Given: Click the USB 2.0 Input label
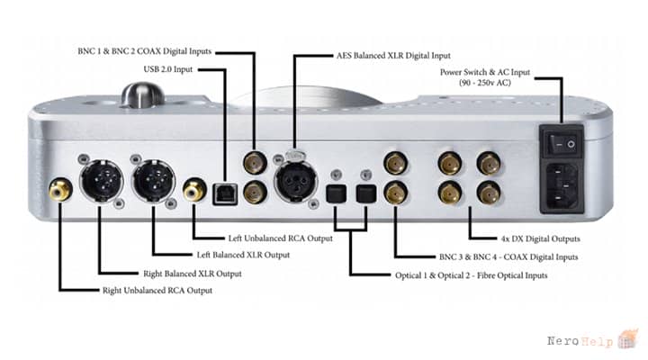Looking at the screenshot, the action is [x=167, y=69].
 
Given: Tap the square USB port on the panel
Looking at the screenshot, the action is [x=225, y=194].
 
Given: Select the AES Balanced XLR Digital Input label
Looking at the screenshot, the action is [x=393, y=56].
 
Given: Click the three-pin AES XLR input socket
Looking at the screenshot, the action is [x=296, y=181].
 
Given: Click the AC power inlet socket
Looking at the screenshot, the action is [x=562, y=187].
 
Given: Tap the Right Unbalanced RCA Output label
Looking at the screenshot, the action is [x=157, y=290].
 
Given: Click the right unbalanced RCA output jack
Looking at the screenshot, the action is [x=61, y=189].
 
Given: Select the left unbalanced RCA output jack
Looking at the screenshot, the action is [x=194, y=189].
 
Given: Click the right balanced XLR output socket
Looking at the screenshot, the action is [x=101, y=181].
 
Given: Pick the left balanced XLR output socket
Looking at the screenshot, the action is [x=154, y=181].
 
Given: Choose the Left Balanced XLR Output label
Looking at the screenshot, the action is [x=243, y=255].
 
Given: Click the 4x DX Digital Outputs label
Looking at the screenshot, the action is [x=540, y=238].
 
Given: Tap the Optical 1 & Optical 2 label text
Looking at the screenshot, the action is [x=471, y=275].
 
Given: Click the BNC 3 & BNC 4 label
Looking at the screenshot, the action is [x=508, y=256].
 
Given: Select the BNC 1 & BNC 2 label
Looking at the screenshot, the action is [x=144, y=51].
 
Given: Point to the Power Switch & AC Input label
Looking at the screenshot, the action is [x=485, y=77].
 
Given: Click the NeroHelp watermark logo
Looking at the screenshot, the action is [x=592, y=340].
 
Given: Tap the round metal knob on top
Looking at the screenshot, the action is [x=142, y=94].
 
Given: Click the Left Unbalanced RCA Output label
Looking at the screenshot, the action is [x=280, y=238].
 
